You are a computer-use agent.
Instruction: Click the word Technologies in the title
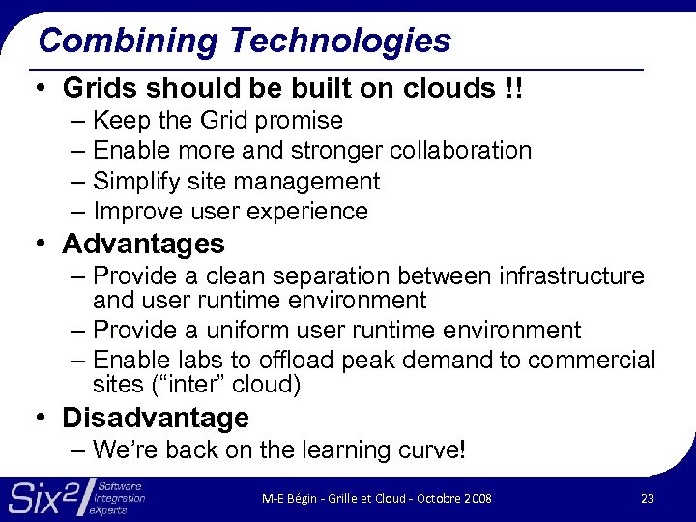point(340,41)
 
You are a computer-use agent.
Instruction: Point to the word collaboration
point(463,151)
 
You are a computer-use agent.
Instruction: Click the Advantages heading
point(143,244)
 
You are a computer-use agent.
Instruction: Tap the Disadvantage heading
point(156,418)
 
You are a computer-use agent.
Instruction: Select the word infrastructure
point(571,276)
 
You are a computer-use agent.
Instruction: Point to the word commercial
point(591,361)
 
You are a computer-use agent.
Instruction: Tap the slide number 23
point(647,498)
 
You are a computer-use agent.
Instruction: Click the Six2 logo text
point(43,497)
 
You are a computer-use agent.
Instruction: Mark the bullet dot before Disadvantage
point(43,419)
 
